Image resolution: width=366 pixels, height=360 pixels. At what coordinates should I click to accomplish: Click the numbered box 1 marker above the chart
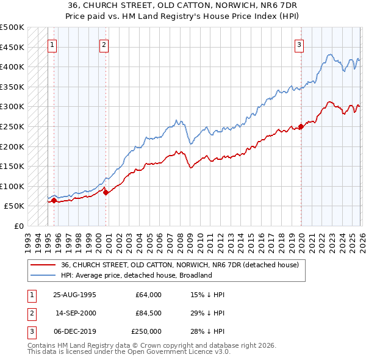pos(52,45)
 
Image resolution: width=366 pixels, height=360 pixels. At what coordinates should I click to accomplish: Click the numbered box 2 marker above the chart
pos(104,45)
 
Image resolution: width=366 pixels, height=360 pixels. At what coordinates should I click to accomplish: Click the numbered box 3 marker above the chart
pos(300,45)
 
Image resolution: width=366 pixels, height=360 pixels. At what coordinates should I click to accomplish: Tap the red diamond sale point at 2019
pos(301,127)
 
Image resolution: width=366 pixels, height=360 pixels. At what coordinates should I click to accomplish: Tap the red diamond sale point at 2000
pos(106,192)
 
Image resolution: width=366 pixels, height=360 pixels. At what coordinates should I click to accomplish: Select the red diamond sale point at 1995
pos(54,200)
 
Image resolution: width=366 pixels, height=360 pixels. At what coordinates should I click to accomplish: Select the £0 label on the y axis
pos(18,226)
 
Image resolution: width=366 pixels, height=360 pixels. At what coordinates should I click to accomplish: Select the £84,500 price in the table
pos(148,313)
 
